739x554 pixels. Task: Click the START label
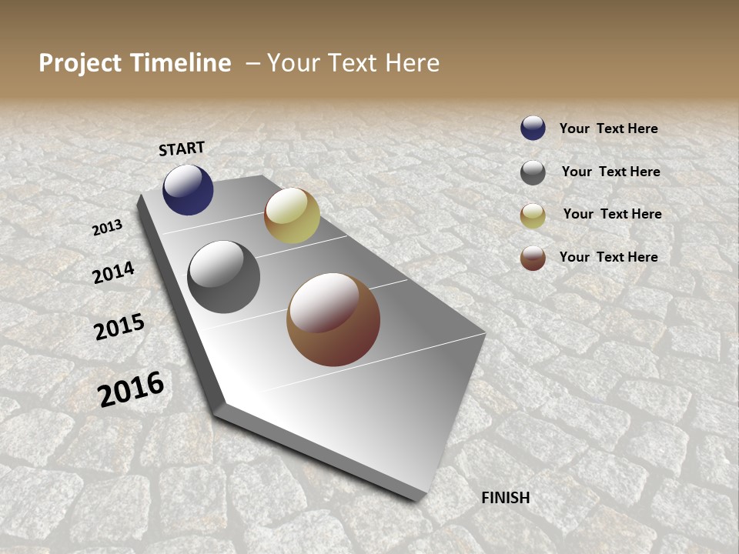pyautogui.click(x=182, y=149)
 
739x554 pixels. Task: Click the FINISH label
pyautogui.click(x=506, y=498)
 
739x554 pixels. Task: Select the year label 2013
pyautogui.click(x=108, y=227)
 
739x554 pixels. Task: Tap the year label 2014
pyautogui.click(x=114, y=272)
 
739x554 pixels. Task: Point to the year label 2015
pyautogui.click(x=119, y=327)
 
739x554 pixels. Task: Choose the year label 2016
pyautogui.click(x=131, y=389)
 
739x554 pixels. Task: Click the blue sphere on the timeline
pyautogui.click(x=188, y=189)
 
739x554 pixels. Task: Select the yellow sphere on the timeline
pyautogui.click(x=292, y=215)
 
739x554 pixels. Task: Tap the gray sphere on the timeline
pyautogui.click(x=223, y=277)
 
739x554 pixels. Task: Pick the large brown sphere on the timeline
pyautogui.click(x=333, y=319)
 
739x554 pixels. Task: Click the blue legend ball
pyautogui.click(x=533, y=128)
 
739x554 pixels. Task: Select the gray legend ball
pyautogui.click(x=533, y=172)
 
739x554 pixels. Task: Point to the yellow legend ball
pyautogui.click(x=533, y=215)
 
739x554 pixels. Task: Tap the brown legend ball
pyautogui.click(x=533, y=258)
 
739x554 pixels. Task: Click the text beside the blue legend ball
pyautogui.click(x=608, y=128)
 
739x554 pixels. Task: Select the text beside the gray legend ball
pyautogui.click(x=610, y=172)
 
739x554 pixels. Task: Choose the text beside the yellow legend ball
pyautogui.click(x=612, y=214)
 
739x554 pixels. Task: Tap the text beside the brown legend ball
pyautogui.click(x=608, y=257)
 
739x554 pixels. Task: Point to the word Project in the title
pyautogui.click(x=80, y=63)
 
